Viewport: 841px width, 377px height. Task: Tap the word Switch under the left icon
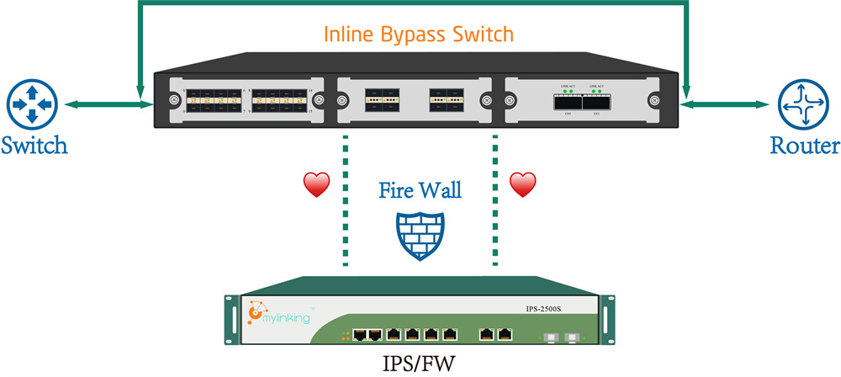coord(34,146)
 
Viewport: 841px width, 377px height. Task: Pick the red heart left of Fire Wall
coord(316,185)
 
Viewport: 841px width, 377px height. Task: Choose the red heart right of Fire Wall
coord(524,184)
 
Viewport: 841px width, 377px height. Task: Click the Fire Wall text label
coord(419,189)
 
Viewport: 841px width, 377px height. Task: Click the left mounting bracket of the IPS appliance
coord(230,320)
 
